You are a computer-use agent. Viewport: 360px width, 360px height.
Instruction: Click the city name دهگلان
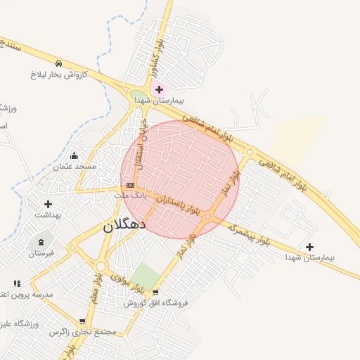[124, 225]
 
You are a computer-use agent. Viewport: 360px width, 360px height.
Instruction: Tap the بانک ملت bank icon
[130, 185]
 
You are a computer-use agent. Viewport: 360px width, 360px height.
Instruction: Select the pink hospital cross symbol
[159, 89]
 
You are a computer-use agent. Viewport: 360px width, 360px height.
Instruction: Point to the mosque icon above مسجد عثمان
[75, 155]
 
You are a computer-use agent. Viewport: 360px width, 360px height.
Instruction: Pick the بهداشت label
[49, 215]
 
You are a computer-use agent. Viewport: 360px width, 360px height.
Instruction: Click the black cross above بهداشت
[48, 204]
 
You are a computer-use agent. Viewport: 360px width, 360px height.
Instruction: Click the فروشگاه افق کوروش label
[156, 303]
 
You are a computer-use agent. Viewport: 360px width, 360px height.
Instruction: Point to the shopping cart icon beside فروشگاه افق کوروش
[155, 292]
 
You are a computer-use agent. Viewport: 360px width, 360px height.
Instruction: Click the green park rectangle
[147, 276]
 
